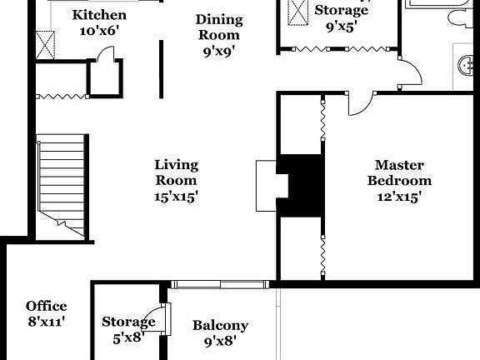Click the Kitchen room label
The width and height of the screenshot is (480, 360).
click(x=99, y=15)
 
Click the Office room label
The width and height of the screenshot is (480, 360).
click(x=46, y=306)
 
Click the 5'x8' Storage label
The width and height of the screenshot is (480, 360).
click(x=128, y=322)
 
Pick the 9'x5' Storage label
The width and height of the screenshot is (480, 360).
click(x=341, y=11)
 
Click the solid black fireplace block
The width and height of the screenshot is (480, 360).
click(x=301, y=185)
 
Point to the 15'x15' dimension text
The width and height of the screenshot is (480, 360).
click(x=176, y=197)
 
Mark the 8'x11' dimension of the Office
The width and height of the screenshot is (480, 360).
click(x=46, y=321)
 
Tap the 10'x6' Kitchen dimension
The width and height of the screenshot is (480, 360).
click(x=99, y=31)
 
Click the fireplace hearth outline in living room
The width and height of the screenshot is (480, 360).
click(x=266, y=185)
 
